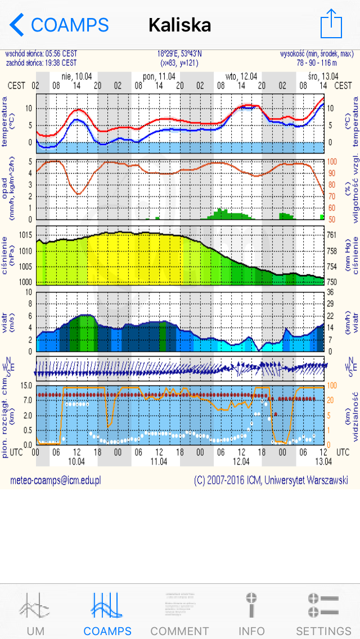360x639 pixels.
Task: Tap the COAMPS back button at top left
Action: (59, 25)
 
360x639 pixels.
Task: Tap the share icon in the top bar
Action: (331, 24)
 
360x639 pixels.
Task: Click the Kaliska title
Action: (180, 25)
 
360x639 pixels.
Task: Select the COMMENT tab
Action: (179, 613)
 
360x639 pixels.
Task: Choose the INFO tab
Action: (251, 613)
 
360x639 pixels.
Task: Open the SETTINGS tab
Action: (323, 613)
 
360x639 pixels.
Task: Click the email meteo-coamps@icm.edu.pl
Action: (55, 480)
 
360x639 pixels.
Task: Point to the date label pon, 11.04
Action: (159, 76)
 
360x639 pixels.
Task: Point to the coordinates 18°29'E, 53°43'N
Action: (179, 55)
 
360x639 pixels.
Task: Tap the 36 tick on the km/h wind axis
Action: (331, 292)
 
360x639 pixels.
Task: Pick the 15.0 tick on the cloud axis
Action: (25, 386)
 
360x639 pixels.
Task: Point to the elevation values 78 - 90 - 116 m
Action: (325, 63)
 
